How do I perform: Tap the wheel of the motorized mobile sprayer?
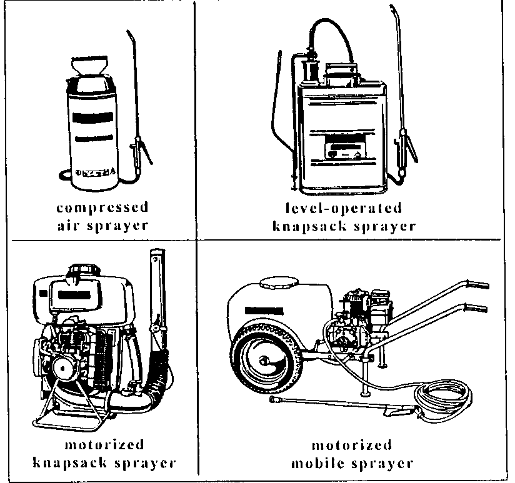262,362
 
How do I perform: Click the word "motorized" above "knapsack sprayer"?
104,446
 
